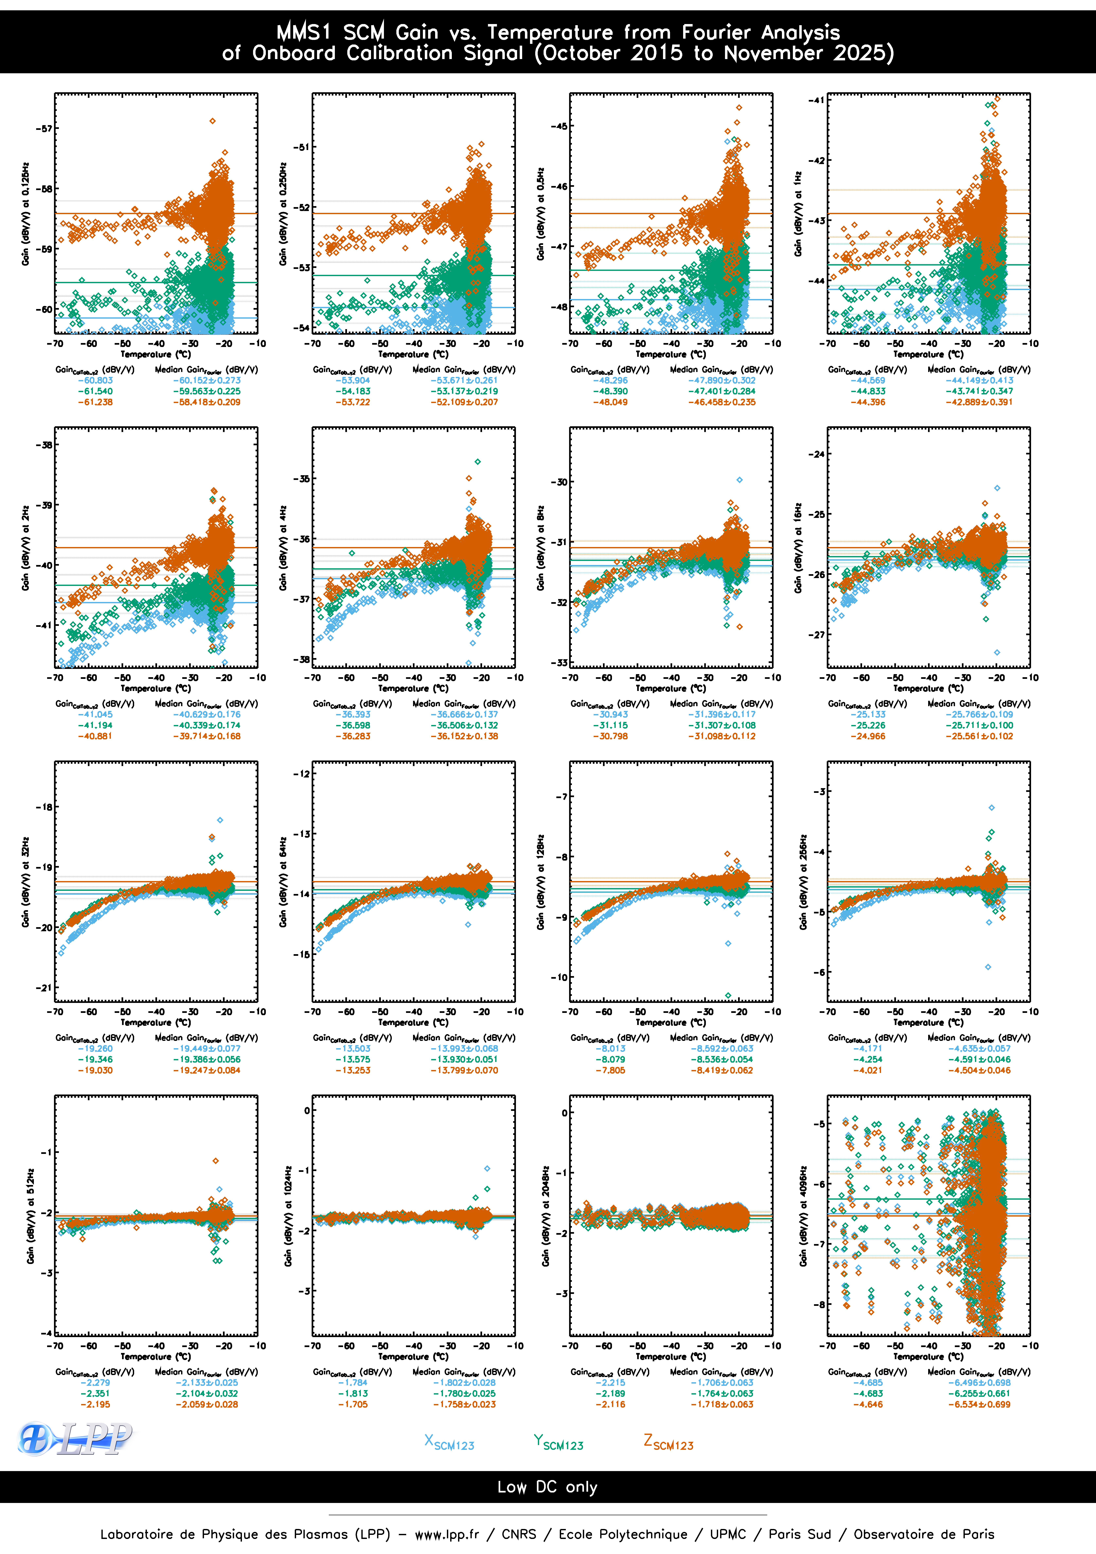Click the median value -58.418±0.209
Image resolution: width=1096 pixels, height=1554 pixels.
click(206, 402)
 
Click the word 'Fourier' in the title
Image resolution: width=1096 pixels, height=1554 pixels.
click(716, 33)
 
